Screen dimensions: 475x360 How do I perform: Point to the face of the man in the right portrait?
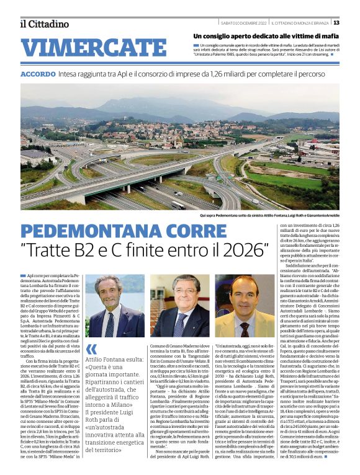[245, 298]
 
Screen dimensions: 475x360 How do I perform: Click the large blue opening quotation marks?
[91, 349]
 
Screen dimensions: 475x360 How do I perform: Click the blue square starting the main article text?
[23, 275]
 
